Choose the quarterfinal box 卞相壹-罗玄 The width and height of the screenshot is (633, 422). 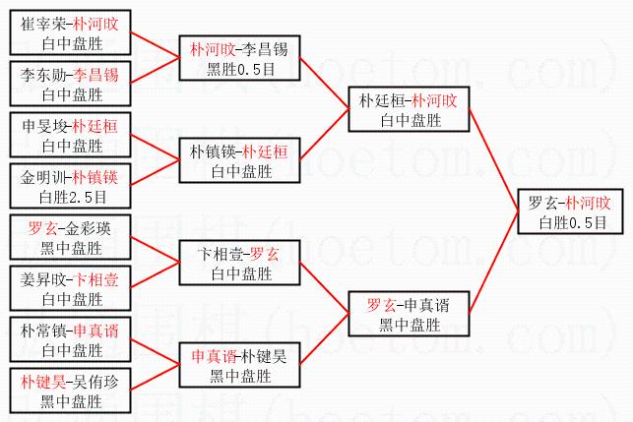point(239,263)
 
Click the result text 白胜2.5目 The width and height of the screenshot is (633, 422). point(72,197)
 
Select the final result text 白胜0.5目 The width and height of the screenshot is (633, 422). point(570,223)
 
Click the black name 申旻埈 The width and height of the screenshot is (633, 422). point(44,125)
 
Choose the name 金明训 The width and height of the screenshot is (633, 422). point(44,176)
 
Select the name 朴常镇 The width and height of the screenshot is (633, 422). point(44,330)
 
